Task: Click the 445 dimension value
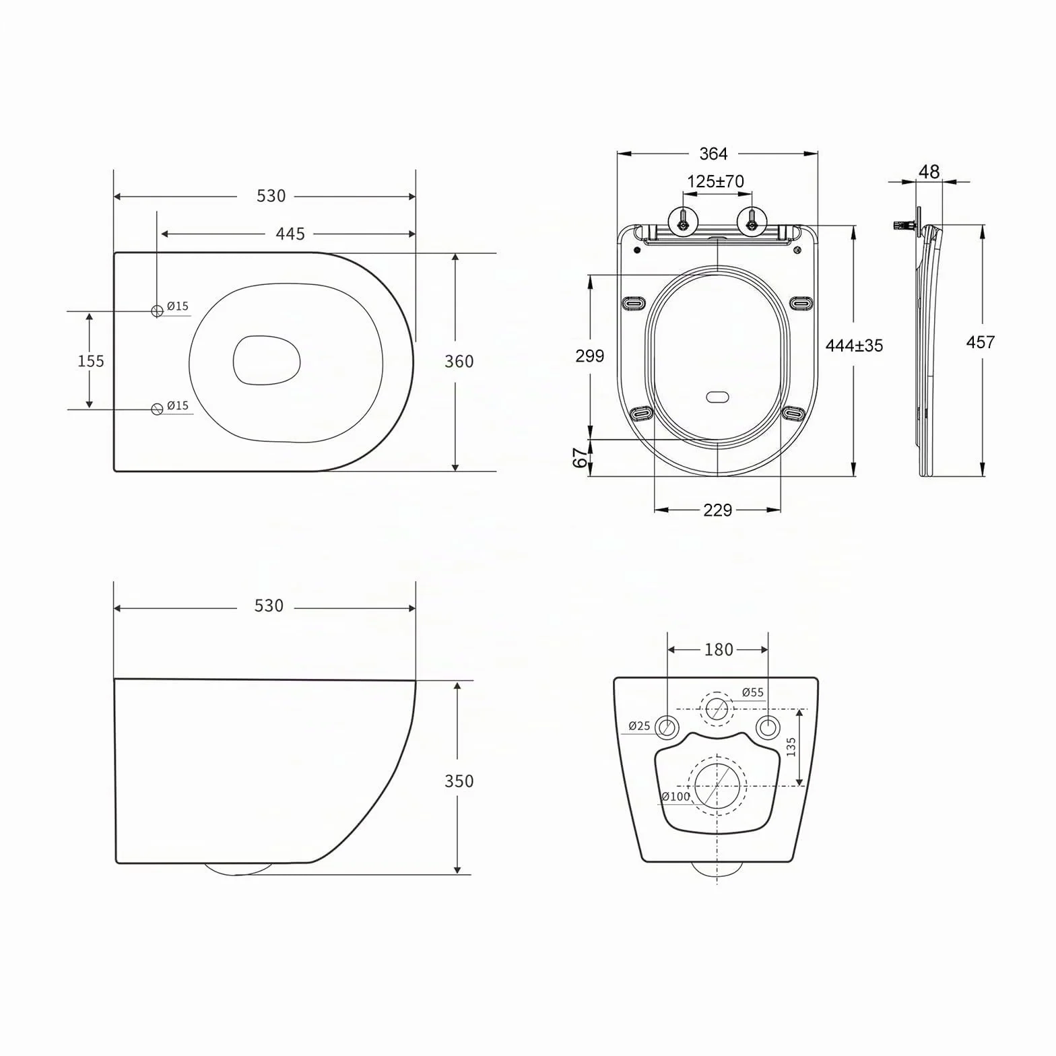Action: click(x=290, y=234)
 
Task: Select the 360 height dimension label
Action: click(x=459, y=362)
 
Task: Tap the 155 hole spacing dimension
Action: click(x=91, y=361)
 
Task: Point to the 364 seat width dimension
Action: click(x=713, y=154)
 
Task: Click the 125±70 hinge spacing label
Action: click(x=715, y=182)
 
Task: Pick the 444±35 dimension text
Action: click(x=854, y=345)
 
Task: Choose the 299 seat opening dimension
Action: click(x=589, y=356)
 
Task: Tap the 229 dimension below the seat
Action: click(x=717, y=510)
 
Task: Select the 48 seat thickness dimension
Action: click(x=929, y=172)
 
